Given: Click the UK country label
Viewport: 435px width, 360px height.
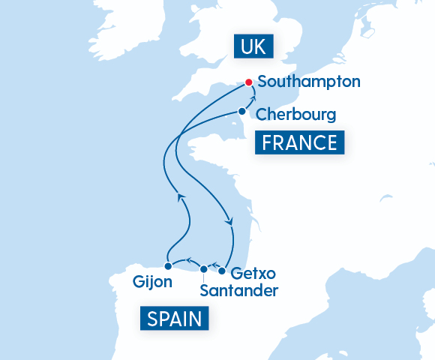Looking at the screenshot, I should [x=252, y=47].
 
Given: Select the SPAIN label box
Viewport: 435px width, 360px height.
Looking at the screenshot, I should [x=175, y=319].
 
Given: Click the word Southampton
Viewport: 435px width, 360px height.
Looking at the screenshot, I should [x=308, y=81].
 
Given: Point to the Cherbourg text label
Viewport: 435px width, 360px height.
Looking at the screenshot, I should [x=295, y=115].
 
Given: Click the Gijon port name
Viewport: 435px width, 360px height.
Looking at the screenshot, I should [x=152, y=282].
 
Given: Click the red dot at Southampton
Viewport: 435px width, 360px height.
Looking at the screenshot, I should [x=249, y=82].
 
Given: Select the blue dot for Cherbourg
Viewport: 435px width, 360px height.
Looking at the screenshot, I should [x=241, y=111].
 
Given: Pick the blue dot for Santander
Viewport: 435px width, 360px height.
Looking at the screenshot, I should [x=203, y=268].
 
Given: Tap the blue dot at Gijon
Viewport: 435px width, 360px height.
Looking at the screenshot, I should [x=168, y=265].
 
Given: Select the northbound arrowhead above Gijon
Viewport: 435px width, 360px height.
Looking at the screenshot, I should [x=180, y=197].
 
